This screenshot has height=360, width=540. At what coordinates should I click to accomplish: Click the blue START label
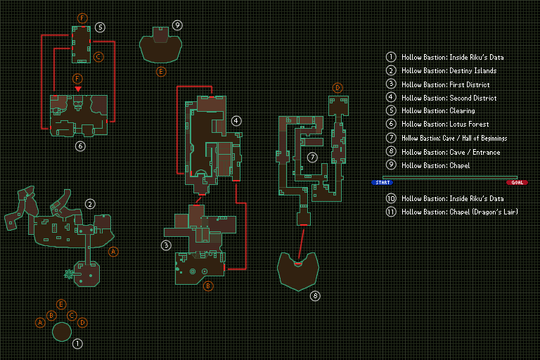point(382,182)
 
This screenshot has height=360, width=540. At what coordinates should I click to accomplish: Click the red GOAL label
point(517,182)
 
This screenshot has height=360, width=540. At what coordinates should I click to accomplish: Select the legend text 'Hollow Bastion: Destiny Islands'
point(449,71)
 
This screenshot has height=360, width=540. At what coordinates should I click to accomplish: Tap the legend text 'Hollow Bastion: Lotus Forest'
point(445,125)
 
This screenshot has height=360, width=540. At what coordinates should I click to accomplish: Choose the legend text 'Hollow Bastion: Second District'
point(449,98)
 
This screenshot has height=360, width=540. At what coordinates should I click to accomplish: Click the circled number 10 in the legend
point(391,199)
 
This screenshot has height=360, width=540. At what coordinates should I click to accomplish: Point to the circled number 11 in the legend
point(391,212)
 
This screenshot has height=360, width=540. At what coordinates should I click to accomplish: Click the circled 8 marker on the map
point(315,296)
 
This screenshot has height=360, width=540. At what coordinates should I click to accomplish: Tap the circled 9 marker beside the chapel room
point(177,25)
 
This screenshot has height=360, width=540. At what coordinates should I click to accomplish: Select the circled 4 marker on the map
point(236,121)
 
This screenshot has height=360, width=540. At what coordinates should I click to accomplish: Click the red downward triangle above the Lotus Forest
point(78,89)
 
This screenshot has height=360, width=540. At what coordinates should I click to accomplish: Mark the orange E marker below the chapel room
point(161,72)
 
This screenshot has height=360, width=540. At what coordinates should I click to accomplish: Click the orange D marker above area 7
point(337,88)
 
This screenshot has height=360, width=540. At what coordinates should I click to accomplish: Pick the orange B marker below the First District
point(208,286)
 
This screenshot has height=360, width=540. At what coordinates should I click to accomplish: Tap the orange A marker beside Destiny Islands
point(114,251)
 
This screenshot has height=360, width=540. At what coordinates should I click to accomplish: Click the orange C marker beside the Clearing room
point(98,56)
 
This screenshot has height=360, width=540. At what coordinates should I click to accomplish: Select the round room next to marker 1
point(62,332)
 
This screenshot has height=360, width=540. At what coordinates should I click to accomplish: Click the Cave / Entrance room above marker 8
point(298,271)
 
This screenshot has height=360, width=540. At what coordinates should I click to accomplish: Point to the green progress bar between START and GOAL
point(449,177)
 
